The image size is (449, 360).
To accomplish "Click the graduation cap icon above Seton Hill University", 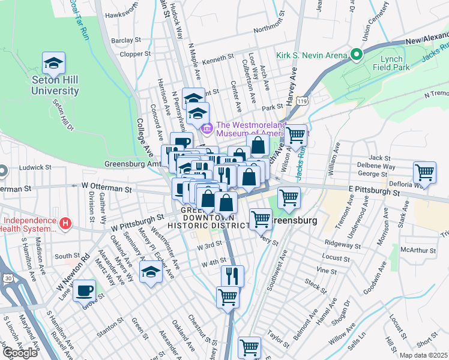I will [x=53, y=63].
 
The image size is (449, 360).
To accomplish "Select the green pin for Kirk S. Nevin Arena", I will [x=356, y=55].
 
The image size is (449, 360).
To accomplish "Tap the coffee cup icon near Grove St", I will [x=83, y=291].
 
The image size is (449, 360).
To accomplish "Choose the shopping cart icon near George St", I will [x=424, y=172].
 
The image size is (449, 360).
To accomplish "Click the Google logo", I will [x=20, y=352].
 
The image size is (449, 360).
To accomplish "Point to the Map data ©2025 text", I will [x=422, y=355].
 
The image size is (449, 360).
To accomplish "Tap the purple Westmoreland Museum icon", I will [x=207, y=128].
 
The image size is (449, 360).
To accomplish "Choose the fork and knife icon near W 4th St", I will [x=232, y=276].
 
